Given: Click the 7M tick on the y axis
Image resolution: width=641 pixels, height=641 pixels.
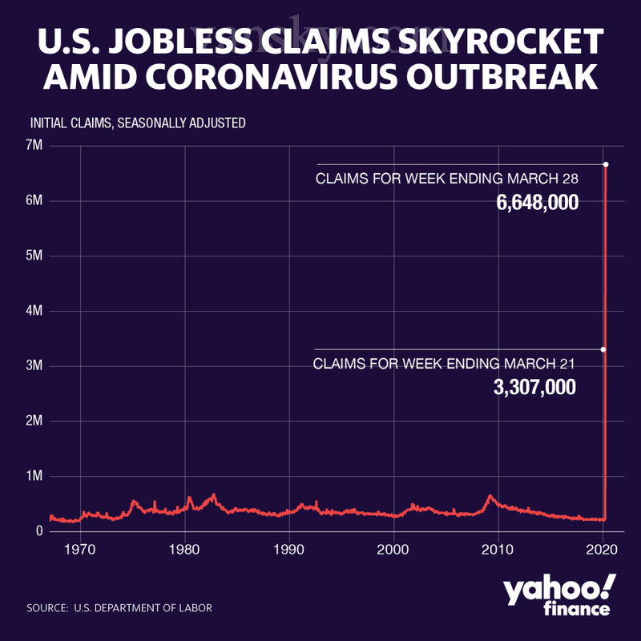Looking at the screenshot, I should point(34,146).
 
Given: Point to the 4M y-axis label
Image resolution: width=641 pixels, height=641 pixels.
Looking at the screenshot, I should point(34,311).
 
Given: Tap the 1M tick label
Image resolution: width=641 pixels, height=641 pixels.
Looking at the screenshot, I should point(34,477).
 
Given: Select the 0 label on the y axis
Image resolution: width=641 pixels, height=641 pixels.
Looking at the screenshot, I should point(38,531).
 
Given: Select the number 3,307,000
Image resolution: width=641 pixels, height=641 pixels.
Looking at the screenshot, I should point(534,388).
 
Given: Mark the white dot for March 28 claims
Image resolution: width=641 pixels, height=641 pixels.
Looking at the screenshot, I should point(606,164).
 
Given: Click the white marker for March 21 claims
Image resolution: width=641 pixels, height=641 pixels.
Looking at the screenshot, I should point(603,349).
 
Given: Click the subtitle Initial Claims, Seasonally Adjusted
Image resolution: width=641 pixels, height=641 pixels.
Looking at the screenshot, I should point(138,124).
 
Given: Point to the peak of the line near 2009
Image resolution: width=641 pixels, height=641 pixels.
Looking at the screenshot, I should point(490,496).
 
